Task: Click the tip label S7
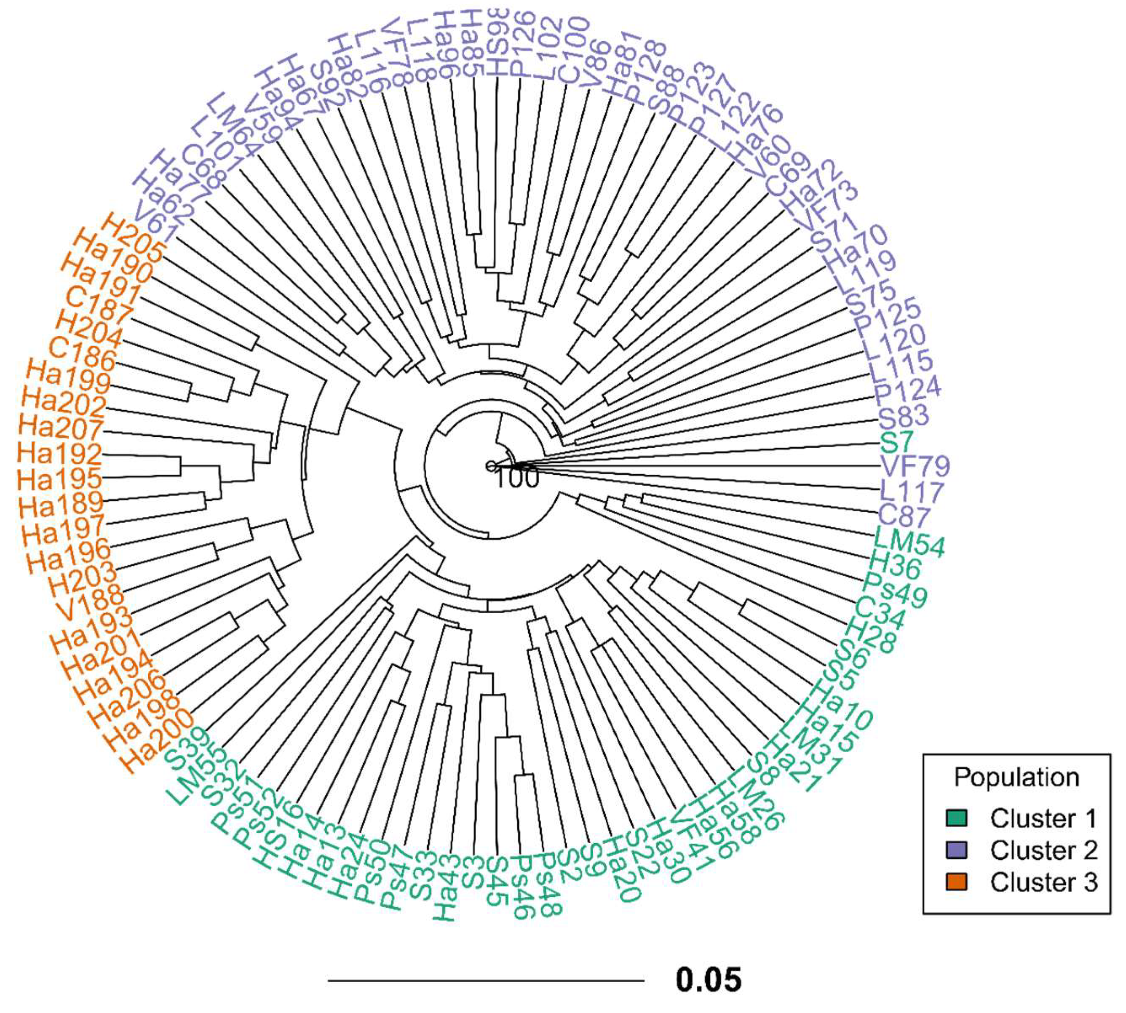(897, 441)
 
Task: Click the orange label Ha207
(61, 428)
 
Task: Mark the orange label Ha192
(59, 454)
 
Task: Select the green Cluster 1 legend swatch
(957, 818)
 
